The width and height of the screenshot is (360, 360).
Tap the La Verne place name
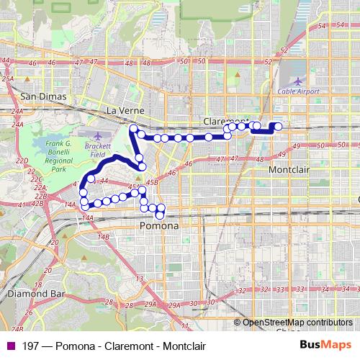pyautogui.click(x=125, y=110)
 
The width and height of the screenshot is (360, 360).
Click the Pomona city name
pyautogui.click(x=157, y=225)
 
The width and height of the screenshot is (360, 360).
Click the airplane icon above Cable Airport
pyautogui.click(x=298, y=80)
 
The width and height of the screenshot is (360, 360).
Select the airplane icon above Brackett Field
pyautogui.click(x=99, y=136)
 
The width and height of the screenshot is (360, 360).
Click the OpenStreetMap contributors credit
pyautogui.click(x=297, y=323)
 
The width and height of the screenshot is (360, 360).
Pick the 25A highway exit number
pyautogui.click(x=8, y=78)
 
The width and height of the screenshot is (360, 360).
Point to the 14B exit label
pyautogui.click(x=104, y=236)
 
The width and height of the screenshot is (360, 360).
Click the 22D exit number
pyautogui.click(x=22, y=161)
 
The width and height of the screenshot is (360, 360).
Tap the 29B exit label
pyautogui.click(x=150, y=305)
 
